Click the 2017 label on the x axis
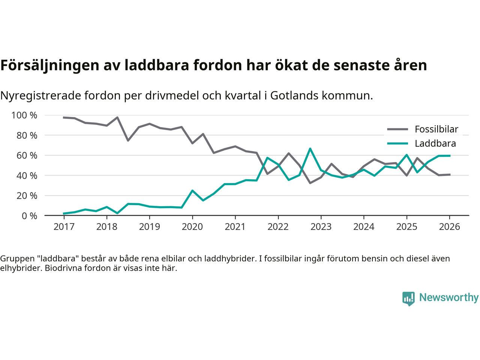coord(64,227)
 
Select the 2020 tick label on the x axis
coord(192,227)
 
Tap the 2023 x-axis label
coord(321,227)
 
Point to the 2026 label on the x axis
coord(449,227)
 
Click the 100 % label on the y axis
coord(24,115)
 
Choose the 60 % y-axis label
coord(27,156)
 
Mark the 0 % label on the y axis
coord(29,216)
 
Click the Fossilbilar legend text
coord(436,129)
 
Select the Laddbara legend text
coord(435,144)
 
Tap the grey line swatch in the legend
coord(397,129)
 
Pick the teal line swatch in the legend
coord(397,144)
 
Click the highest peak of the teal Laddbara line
coord(310,149)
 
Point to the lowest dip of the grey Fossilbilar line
coord(310,183)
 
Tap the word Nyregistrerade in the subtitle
coord(40,96)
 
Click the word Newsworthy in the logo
coord(449,297)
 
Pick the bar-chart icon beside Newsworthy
coord(408,298)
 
